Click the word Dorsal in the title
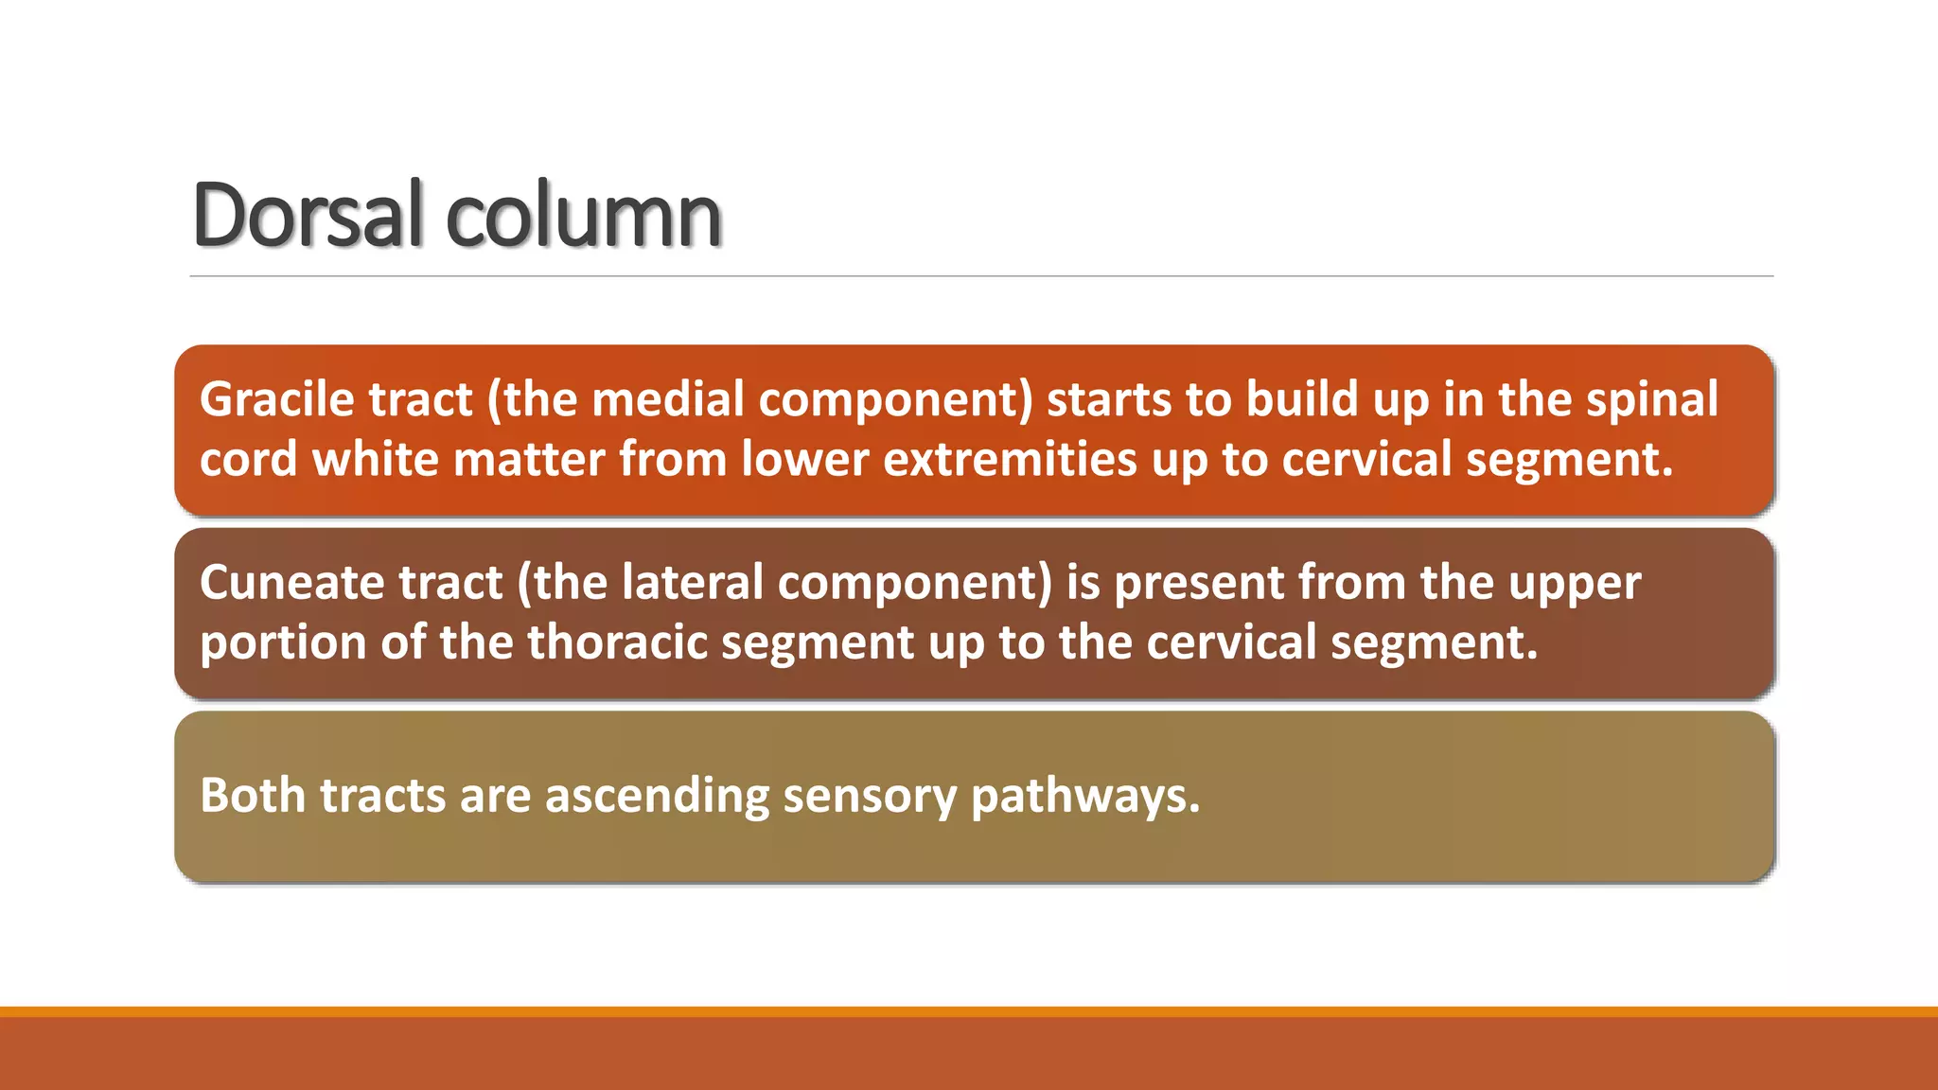click(x=306, y=216)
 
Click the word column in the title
click(x=583, y=216)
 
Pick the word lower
click(x=804, y=460)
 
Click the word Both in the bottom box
click(x=253, y=795)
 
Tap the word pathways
click(x=1084, y=797)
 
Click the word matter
click(x=528, y=460)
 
